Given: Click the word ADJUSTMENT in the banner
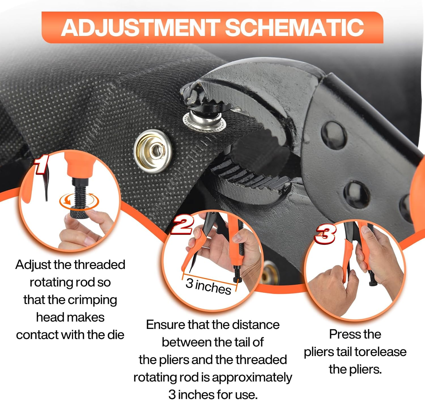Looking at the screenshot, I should (140, 27).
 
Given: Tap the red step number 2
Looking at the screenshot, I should (182, 225).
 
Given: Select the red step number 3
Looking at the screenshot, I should (326, 234).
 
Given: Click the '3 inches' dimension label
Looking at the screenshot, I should (208, 286).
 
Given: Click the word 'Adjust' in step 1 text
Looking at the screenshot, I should (33, 265).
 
